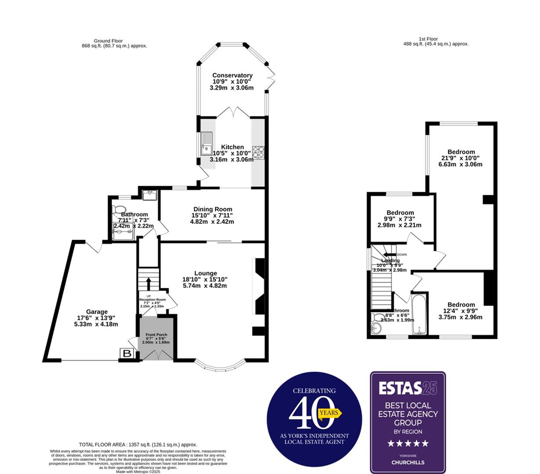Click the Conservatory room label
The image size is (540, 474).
232,75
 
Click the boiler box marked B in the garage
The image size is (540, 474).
127,353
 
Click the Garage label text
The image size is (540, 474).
97,312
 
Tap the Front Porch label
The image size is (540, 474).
156,335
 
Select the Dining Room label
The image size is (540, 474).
213,209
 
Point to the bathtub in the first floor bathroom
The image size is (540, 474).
420,314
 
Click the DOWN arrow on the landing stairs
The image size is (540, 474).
389,255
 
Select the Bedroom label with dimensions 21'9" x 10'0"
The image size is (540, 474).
461,152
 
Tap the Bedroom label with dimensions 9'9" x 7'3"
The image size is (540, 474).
400,212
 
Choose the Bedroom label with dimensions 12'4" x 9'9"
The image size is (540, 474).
461,305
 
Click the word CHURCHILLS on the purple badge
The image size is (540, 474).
407,462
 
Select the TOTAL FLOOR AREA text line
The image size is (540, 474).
138,445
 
